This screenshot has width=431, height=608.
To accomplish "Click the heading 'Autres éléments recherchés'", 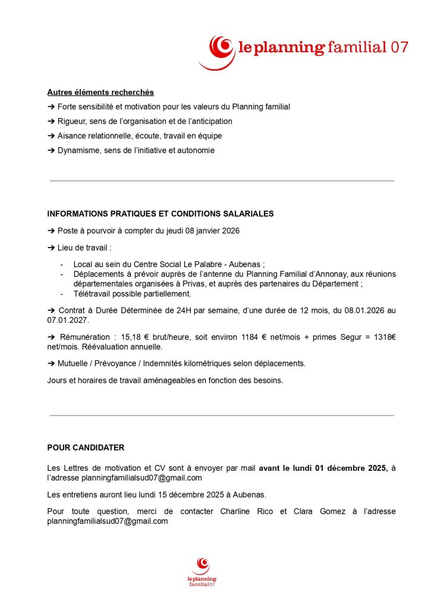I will tap(100, 92).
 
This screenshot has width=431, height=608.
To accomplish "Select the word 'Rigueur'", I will tap(71, 121).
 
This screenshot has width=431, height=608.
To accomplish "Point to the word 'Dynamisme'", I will tap(77, 150).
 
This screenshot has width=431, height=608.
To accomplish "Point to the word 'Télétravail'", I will tap(93, 294).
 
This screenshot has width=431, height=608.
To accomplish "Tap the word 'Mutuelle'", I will tap(74, 363).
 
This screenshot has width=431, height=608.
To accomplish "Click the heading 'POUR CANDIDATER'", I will tap(86, 447).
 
